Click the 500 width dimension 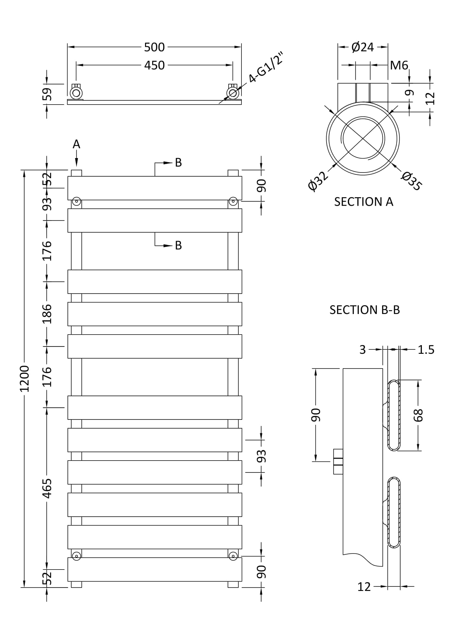point(154,47)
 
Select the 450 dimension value point(154,65)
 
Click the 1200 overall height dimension point(24,379)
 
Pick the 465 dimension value point(47,489)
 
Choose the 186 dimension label point(47,314)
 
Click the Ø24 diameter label point(363,47)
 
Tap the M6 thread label point(399,65)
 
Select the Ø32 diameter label point(317,181)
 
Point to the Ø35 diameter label point(411,181)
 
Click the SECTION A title point(364,202)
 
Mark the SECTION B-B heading point(364,310)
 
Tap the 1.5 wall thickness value point(426,349)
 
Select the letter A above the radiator point(76,144)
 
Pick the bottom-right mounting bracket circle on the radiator point(233,556)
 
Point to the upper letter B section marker point(179,162)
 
